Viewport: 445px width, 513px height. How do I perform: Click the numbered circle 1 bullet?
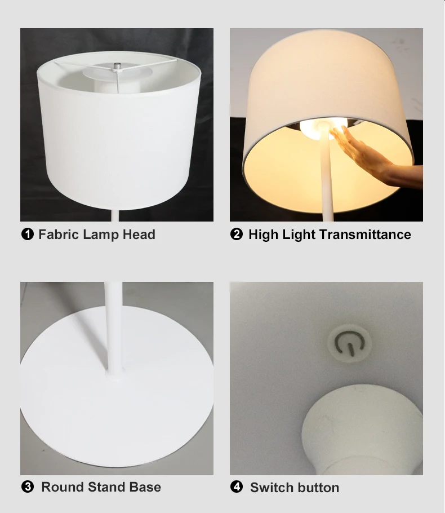(x=27, y=235)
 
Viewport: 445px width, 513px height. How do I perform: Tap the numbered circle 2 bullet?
(x=237, y=235)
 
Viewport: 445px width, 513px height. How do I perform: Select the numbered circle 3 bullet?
(x=27, y=487)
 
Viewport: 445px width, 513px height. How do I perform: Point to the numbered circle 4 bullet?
(x=237, y=487)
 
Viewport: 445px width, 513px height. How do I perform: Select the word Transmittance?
(x=368, y=235)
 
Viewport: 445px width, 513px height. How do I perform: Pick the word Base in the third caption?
(x=145, y=487)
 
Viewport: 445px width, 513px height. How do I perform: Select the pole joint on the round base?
(x=113, y=374)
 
